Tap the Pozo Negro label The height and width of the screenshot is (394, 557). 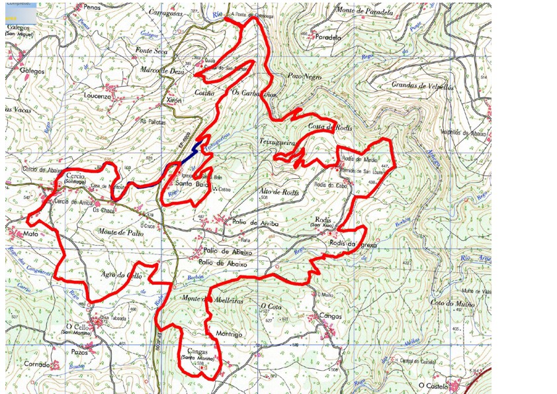click(305, 77)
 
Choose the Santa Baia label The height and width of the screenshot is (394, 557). click(188, 185)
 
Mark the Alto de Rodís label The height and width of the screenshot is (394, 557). click(280, 193)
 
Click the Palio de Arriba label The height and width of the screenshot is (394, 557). click(256, 223)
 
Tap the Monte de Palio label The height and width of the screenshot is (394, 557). click(121, 234)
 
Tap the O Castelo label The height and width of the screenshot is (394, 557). click(433, 385)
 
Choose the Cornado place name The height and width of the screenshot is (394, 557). click(37, 364)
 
